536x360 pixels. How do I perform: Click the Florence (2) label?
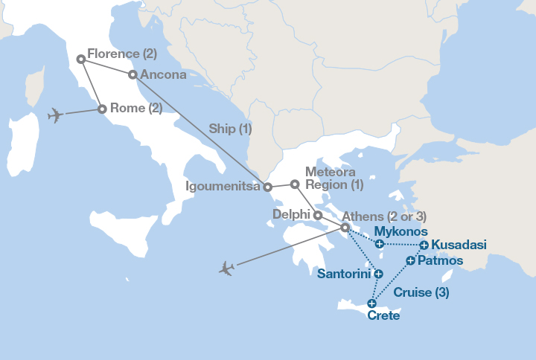122,54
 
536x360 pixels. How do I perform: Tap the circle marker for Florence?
80,58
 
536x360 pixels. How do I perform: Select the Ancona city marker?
133,74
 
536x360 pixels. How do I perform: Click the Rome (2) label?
136,108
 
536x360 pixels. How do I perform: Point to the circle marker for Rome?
102,110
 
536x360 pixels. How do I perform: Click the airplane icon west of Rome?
54,115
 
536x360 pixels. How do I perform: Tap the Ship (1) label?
230,129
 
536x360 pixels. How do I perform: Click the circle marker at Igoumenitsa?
268,187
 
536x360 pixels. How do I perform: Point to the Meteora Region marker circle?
295,184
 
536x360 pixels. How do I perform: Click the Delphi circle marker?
318,216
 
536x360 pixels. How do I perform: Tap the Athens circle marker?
345,228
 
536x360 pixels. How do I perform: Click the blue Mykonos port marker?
380,244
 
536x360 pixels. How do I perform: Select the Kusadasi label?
459,245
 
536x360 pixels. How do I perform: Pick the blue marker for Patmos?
410,260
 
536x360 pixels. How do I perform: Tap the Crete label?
383,316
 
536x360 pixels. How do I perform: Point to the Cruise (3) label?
421,292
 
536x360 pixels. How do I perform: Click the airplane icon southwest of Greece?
226,268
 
